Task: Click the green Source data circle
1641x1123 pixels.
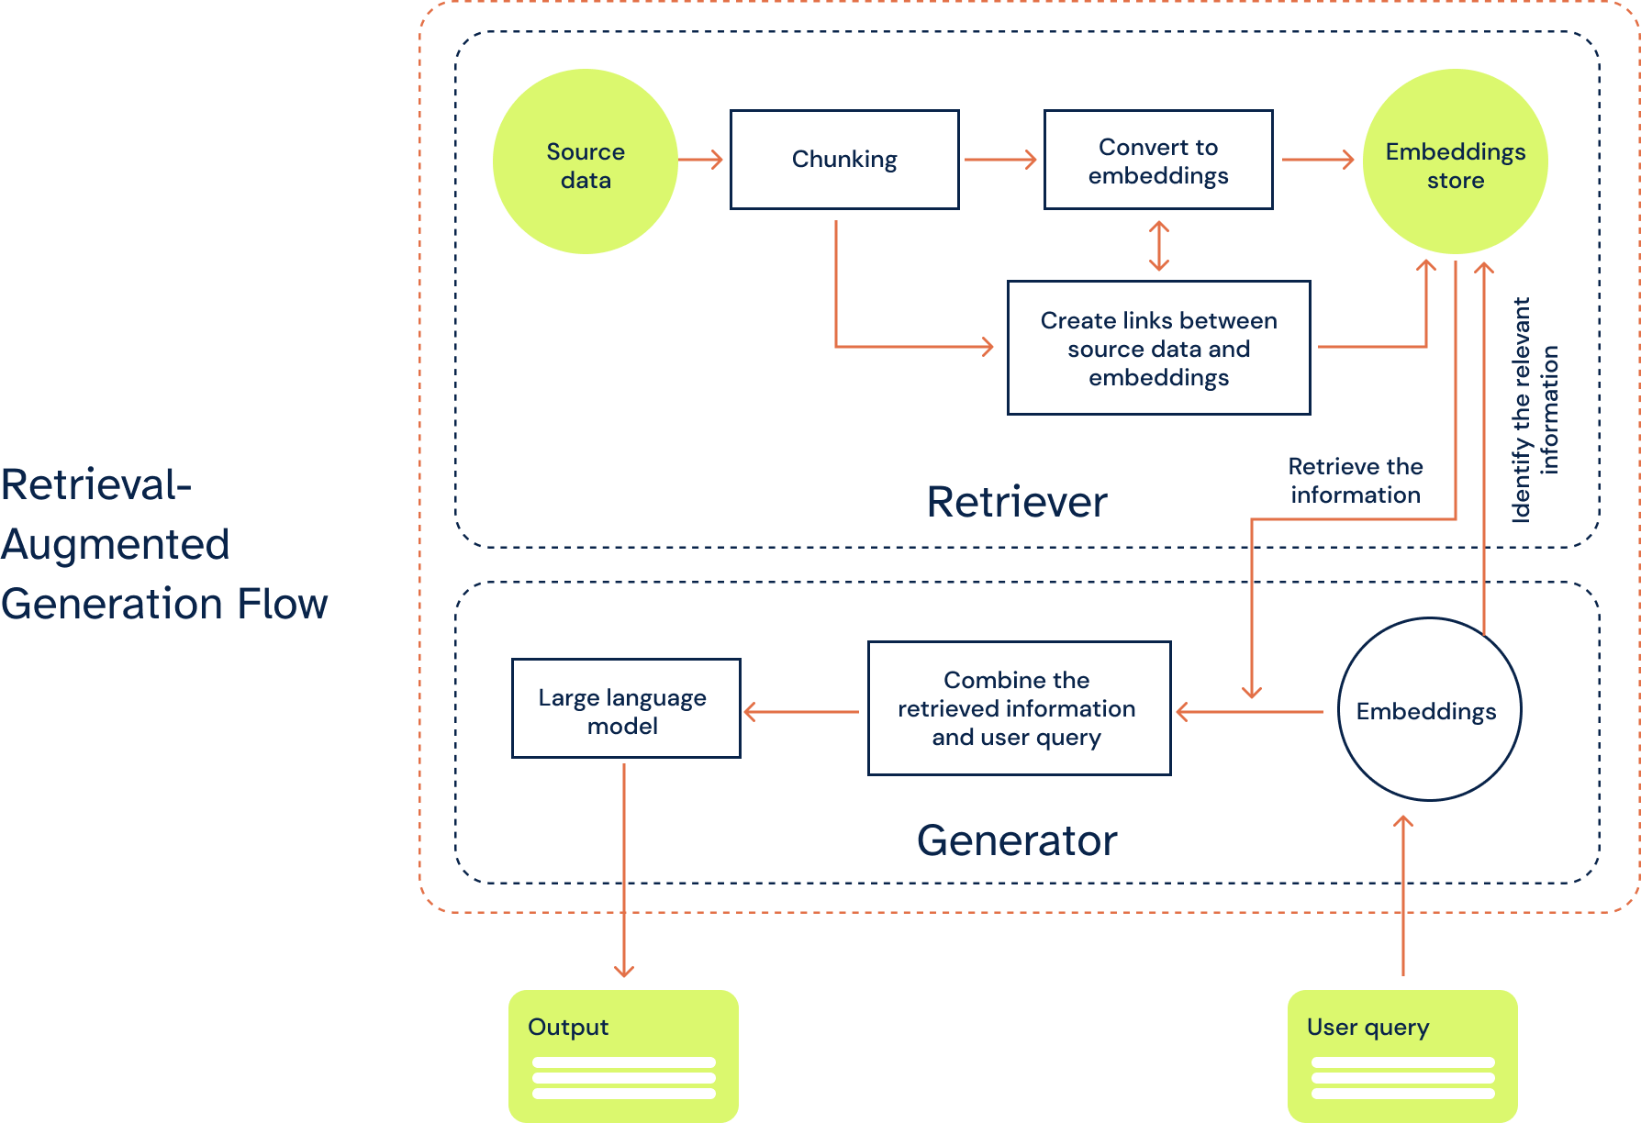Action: coord(586,161)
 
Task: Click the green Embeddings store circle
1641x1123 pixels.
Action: coord(1456,161)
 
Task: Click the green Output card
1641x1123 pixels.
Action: coord(623,1056)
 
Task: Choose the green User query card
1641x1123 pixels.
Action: coord(1402,1056)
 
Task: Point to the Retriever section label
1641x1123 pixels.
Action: coord(1017,502)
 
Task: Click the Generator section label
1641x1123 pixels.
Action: coord(1017,840)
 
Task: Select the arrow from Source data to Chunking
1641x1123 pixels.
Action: coord(701,160)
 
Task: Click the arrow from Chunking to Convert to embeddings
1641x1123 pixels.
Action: coord(1000,160)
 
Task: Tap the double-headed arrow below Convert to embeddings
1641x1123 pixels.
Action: coord(1159,246)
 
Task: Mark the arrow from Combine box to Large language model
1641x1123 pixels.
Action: coord(801,712)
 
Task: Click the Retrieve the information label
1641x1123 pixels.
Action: coord(1356,481)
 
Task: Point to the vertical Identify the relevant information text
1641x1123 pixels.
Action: coord(1535,409)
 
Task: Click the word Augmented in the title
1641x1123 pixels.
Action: coord(116,545)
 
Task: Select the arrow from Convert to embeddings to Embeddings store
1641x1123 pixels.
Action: coord(1318,160)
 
